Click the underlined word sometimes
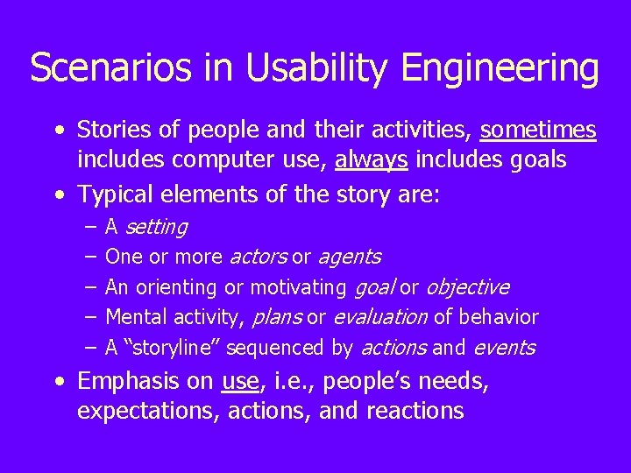pos(538,131)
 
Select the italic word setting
pos(156,228)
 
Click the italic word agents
pos(349,258)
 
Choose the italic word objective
pos(467,287)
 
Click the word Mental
pos(136,317)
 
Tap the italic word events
pos(504,348)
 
